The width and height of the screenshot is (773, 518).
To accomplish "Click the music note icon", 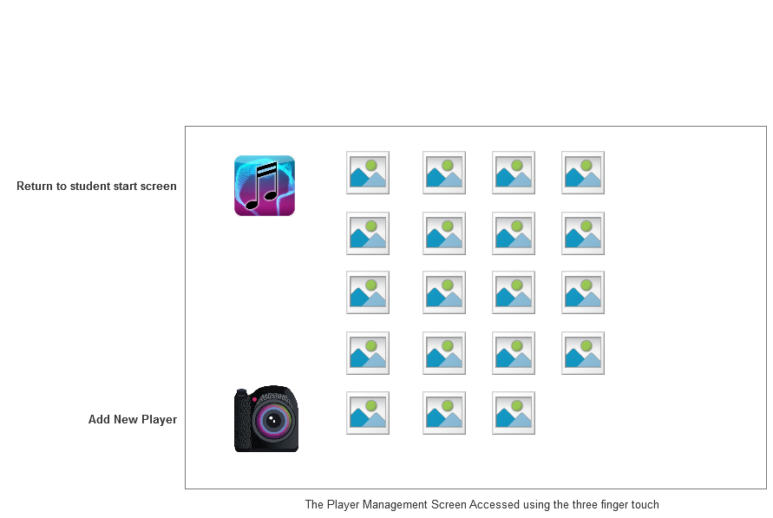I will point(265,185).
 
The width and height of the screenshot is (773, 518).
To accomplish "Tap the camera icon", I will point(265,419).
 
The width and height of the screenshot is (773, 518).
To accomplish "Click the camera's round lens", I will point(274,422).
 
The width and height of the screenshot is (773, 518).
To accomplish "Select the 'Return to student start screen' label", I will point(96,186).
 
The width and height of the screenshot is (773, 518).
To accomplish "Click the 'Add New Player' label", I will point(133,419).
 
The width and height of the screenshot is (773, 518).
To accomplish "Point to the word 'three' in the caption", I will point(569,504).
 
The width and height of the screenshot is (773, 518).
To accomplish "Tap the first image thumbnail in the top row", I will point(368,173).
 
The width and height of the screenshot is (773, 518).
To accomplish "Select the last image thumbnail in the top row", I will point(583,173).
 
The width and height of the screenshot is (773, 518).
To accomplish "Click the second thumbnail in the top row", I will point(444,173).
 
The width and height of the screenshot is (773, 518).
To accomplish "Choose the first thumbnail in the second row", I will point(368,233).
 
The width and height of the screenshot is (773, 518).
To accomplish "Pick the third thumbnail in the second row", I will point(514,233).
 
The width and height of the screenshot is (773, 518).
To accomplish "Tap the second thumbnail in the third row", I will point(444,292).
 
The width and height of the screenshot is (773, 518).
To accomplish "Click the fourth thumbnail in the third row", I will point(583,292).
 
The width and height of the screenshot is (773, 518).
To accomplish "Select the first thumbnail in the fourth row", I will point(368,353).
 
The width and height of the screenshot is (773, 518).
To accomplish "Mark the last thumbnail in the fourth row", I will point(583,353).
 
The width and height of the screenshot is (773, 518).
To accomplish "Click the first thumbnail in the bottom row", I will point(368,413).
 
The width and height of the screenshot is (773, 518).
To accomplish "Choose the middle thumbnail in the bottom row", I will point(444,413).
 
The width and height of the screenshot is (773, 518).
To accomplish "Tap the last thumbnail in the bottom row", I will point(514,413).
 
